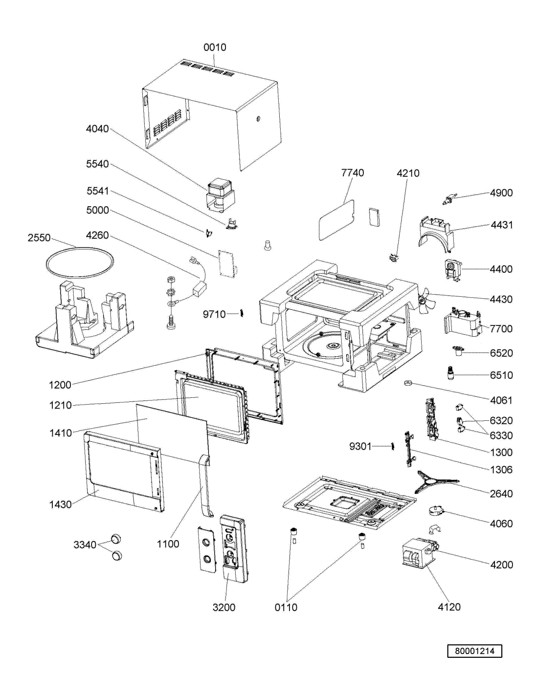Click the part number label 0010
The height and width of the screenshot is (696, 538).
[215, 47]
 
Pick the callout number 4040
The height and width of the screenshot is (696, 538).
[97, 129]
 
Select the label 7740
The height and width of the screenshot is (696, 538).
[353, 173]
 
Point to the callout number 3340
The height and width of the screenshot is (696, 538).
[85, 544]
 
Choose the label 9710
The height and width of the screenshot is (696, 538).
[214, 315]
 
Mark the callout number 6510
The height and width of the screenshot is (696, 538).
[501, 375]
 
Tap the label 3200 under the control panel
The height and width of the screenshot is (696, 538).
[224, 607]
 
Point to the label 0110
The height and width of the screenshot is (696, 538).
[286, 607]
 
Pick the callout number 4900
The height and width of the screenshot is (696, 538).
[501, 193]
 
